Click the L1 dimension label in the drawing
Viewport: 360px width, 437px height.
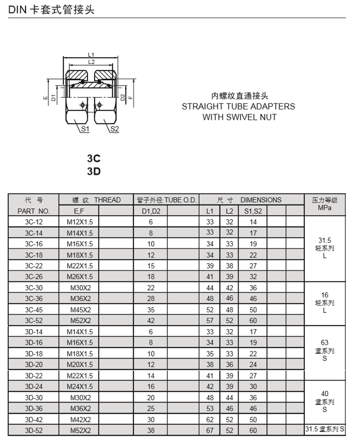pyautogui.click(x=91, y=55)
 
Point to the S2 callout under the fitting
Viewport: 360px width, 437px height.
pyautogui.click(x=114, y=129)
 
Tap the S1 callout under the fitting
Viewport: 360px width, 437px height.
pyautogui.click(x=85, y=129)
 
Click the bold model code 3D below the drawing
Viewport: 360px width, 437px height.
pyautogui.click(x=94, y=171)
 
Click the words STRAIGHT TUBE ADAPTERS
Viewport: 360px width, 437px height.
pyautogui.click(x=238, y=107)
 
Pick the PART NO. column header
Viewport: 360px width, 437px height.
pyautogui.click(x=34, y=211)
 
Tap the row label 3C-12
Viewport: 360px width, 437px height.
pyautogui.click(x=34, y=222)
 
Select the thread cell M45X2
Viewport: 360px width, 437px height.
pyautogui.click(x=81, y=310)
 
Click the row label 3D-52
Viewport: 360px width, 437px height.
pyautogui.click(x=34, y=430)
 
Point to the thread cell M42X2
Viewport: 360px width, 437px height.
pyautogui.click(x=81, y=419)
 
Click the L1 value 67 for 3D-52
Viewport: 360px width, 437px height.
pyautogui.click(x=210, y=430)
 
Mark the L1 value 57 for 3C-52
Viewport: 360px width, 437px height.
pyautogui.click(x=210, y=321)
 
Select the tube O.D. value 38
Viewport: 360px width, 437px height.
pyautogui.click(x=151, y=430)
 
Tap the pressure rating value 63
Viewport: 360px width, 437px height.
pyautogui.click(x=324, y=343)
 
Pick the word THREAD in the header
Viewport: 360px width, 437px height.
pyautogui.click(x=108, y=200)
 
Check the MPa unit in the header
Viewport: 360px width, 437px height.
pyautogui.click(x=324, y=208)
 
